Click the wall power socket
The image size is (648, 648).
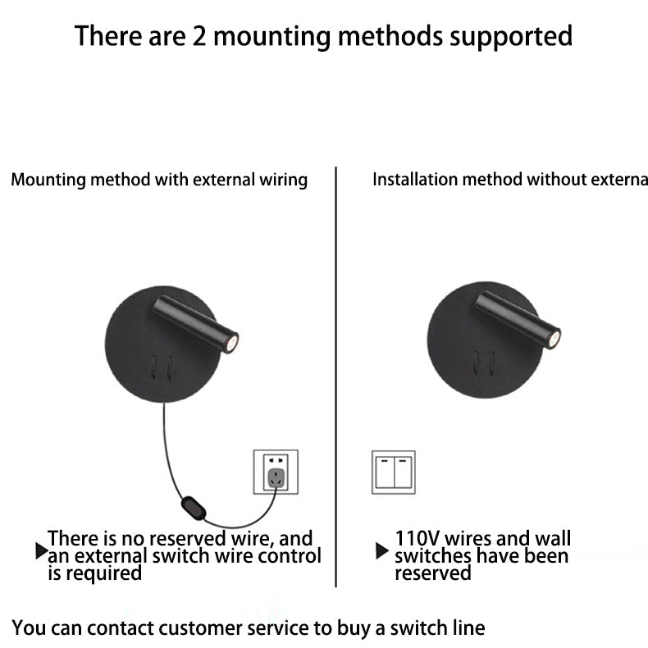point(275,472)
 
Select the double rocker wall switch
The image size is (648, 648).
point(394,472)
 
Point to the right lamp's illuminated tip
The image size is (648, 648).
point(555,337)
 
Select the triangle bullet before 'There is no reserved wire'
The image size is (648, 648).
point(41,551)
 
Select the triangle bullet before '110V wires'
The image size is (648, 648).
point(381,550)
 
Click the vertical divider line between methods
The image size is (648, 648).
point(336,377)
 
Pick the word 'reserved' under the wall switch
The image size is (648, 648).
point(433,573)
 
